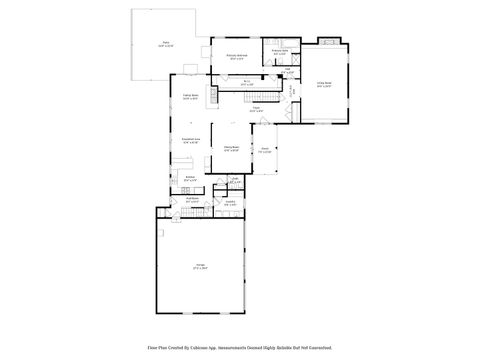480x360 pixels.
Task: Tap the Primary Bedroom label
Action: click(237, 58)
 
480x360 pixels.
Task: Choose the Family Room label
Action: click(190, 97)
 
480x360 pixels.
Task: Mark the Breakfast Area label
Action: click(190, 141)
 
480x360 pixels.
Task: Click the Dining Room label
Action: click(231, 147)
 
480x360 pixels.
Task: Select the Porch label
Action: click(265, 150)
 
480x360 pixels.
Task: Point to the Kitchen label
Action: click(189, 179)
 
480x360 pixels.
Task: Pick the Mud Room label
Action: click(194, 200)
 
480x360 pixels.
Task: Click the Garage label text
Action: click(200, 266)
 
